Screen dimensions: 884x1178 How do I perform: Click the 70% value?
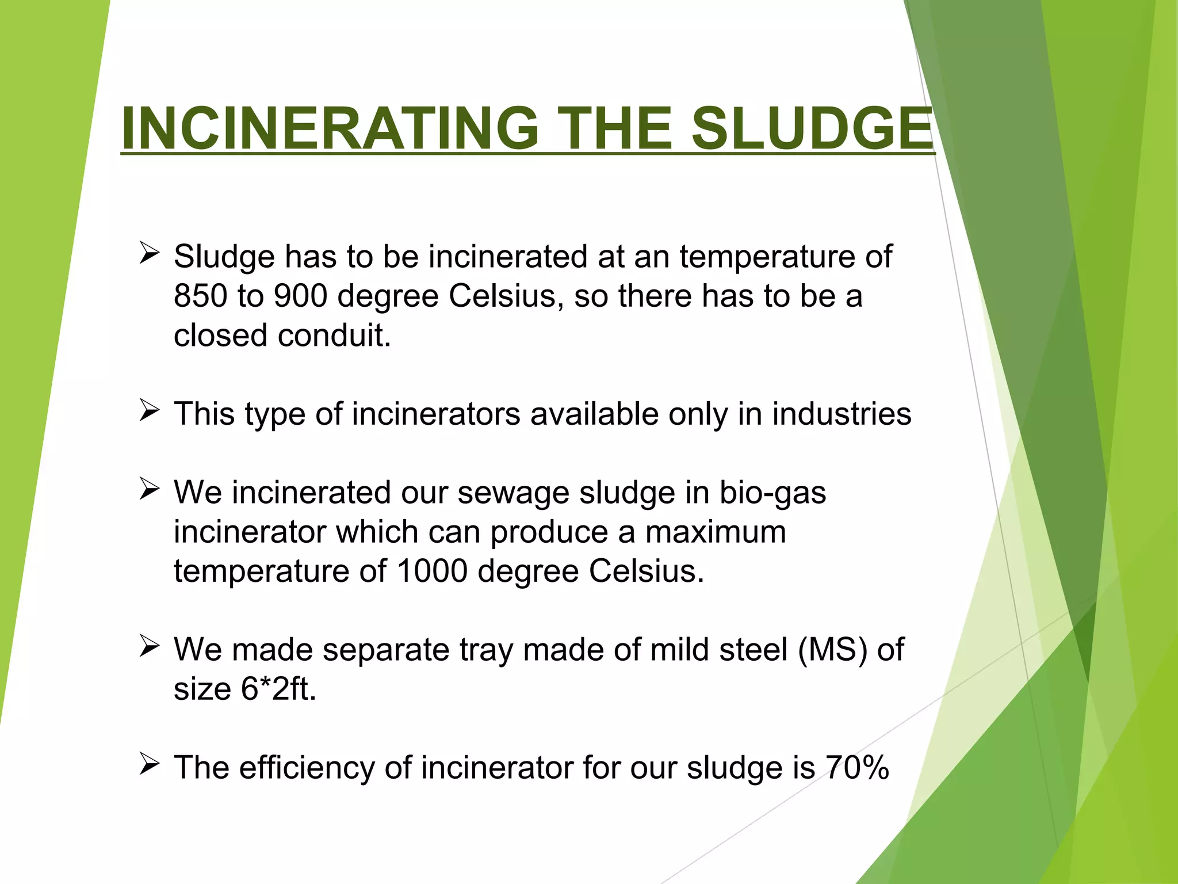[857, 768]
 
